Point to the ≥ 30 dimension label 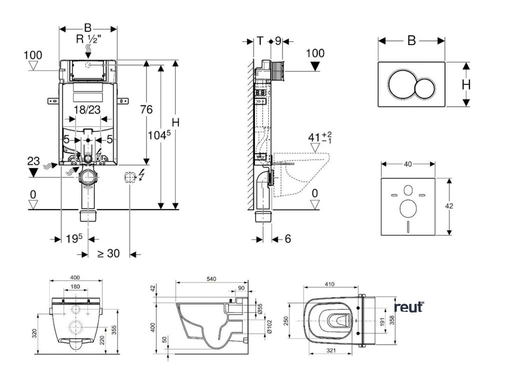[108, 253]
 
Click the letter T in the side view [260, 41]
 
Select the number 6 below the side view [287, 239]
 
